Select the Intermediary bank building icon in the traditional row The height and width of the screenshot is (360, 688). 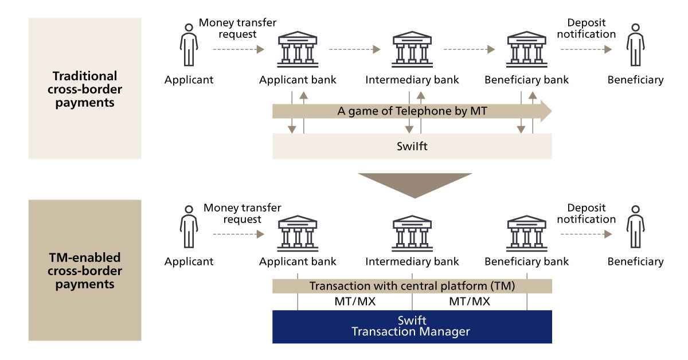coord(412,50)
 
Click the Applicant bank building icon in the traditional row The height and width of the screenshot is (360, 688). coord(298,50)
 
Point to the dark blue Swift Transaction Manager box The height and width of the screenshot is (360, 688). coord(412,327)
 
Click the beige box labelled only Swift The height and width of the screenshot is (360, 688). coord(412,146)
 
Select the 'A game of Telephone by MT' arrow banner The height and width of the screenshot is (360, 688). coord(412,111)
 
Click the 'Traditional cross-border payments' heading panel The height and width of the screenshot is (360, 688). coord(85,88)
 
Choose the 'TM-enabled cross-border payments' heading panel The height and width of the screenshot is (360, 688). coord(85,270)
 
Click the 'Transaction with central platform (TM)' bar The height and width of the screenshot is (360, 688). coord(412,285)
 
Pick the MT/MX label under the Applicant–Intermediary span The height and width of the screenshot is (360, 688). coord(355,302)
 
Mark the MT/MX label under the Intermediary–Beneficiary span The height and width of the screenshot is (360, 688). coord(470,302)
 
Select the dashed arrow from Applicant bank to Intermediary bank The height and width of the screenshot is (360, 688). coord(354,50)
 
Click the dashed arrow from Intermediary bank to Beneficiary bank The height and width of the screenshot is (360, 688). coord(469,50)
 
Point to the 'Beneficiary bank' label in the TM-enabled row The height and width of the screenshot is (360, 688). coord(526,262)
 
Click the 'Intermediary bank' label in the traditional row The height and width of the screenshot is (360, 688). coord(412,80)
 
